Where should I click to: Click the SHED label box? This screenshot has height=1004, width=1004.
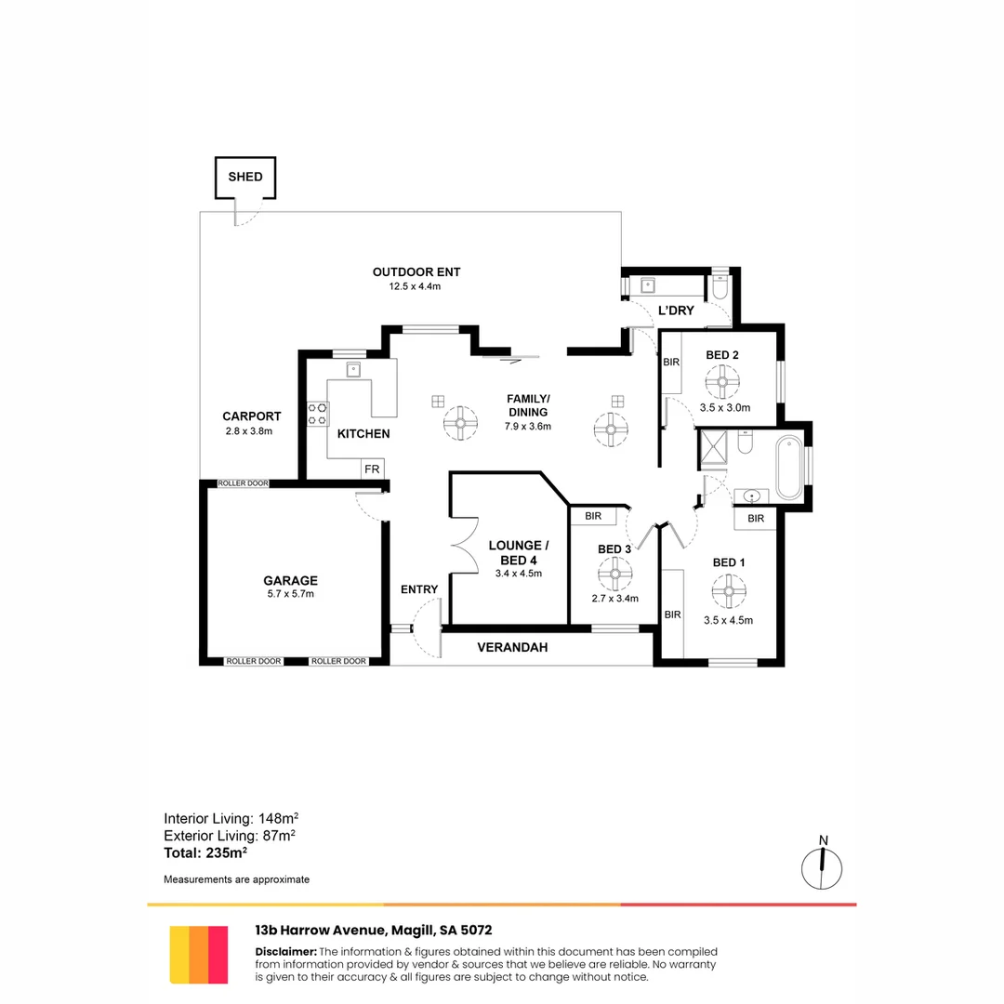(245, 177)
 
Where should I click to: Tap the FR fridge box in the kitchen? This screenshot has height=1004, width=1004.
(372, 469)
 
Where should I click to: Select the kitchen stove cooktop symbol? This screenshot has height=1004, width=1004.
(318, 413)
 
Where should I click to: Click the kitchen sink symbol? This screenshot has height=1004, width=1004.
(353, 369)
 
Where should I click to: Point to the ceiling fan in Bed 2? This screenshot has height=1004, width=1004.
(721, 381)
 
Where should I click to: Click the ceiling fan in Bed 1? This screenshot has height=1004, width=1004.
(728, 589)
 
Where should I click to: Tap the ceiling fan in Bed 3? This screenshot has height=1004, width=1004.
(614, 575)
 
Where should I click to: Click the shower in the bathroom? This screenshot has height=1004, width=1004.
(714, 448)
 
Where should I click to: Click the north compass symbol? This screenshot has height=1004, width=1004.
(823, 866)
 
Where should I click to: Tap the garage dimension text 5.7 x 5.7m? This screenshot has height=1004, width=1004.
(290, 594)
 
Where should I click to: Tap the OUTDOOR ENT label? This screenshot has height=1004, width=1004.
(416, 272)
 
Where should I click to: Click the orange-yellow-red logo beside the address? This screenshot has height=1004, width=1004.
(199, 954)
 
